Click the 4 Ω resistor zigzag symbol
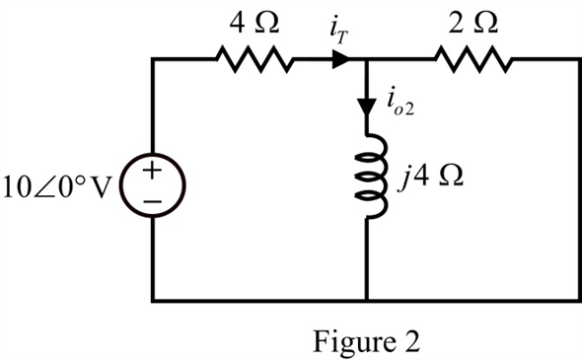(255, 59)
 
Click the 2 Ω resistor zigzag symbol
(473, 59)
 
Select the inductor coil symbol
(371, 177)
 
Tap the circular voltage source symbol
(153, 185)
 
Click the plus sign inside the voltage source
(153, 171)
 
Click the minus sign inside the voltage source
(153, 201)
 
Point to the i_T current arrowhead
(340, 59)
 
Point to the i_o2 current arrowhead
(367, 108)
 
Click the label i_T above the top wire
(339, 33)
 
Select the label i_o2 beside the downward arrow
(400, 104)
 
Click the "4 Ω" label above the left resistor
(254, 23)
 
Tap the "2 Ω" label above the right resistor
(473, 23)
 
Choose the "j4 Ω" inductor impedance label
(430, 177)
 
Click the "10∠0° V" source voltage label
(57, 186)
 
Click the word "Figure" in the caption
(353, 341)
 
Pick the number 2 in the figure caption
(410, 340)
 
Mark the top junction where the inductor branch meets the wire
(367, 59)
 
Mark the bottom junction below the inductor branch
(367, 300)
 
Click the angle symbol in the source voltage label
(45, 187)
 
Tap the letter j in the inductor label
(402, 178)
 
